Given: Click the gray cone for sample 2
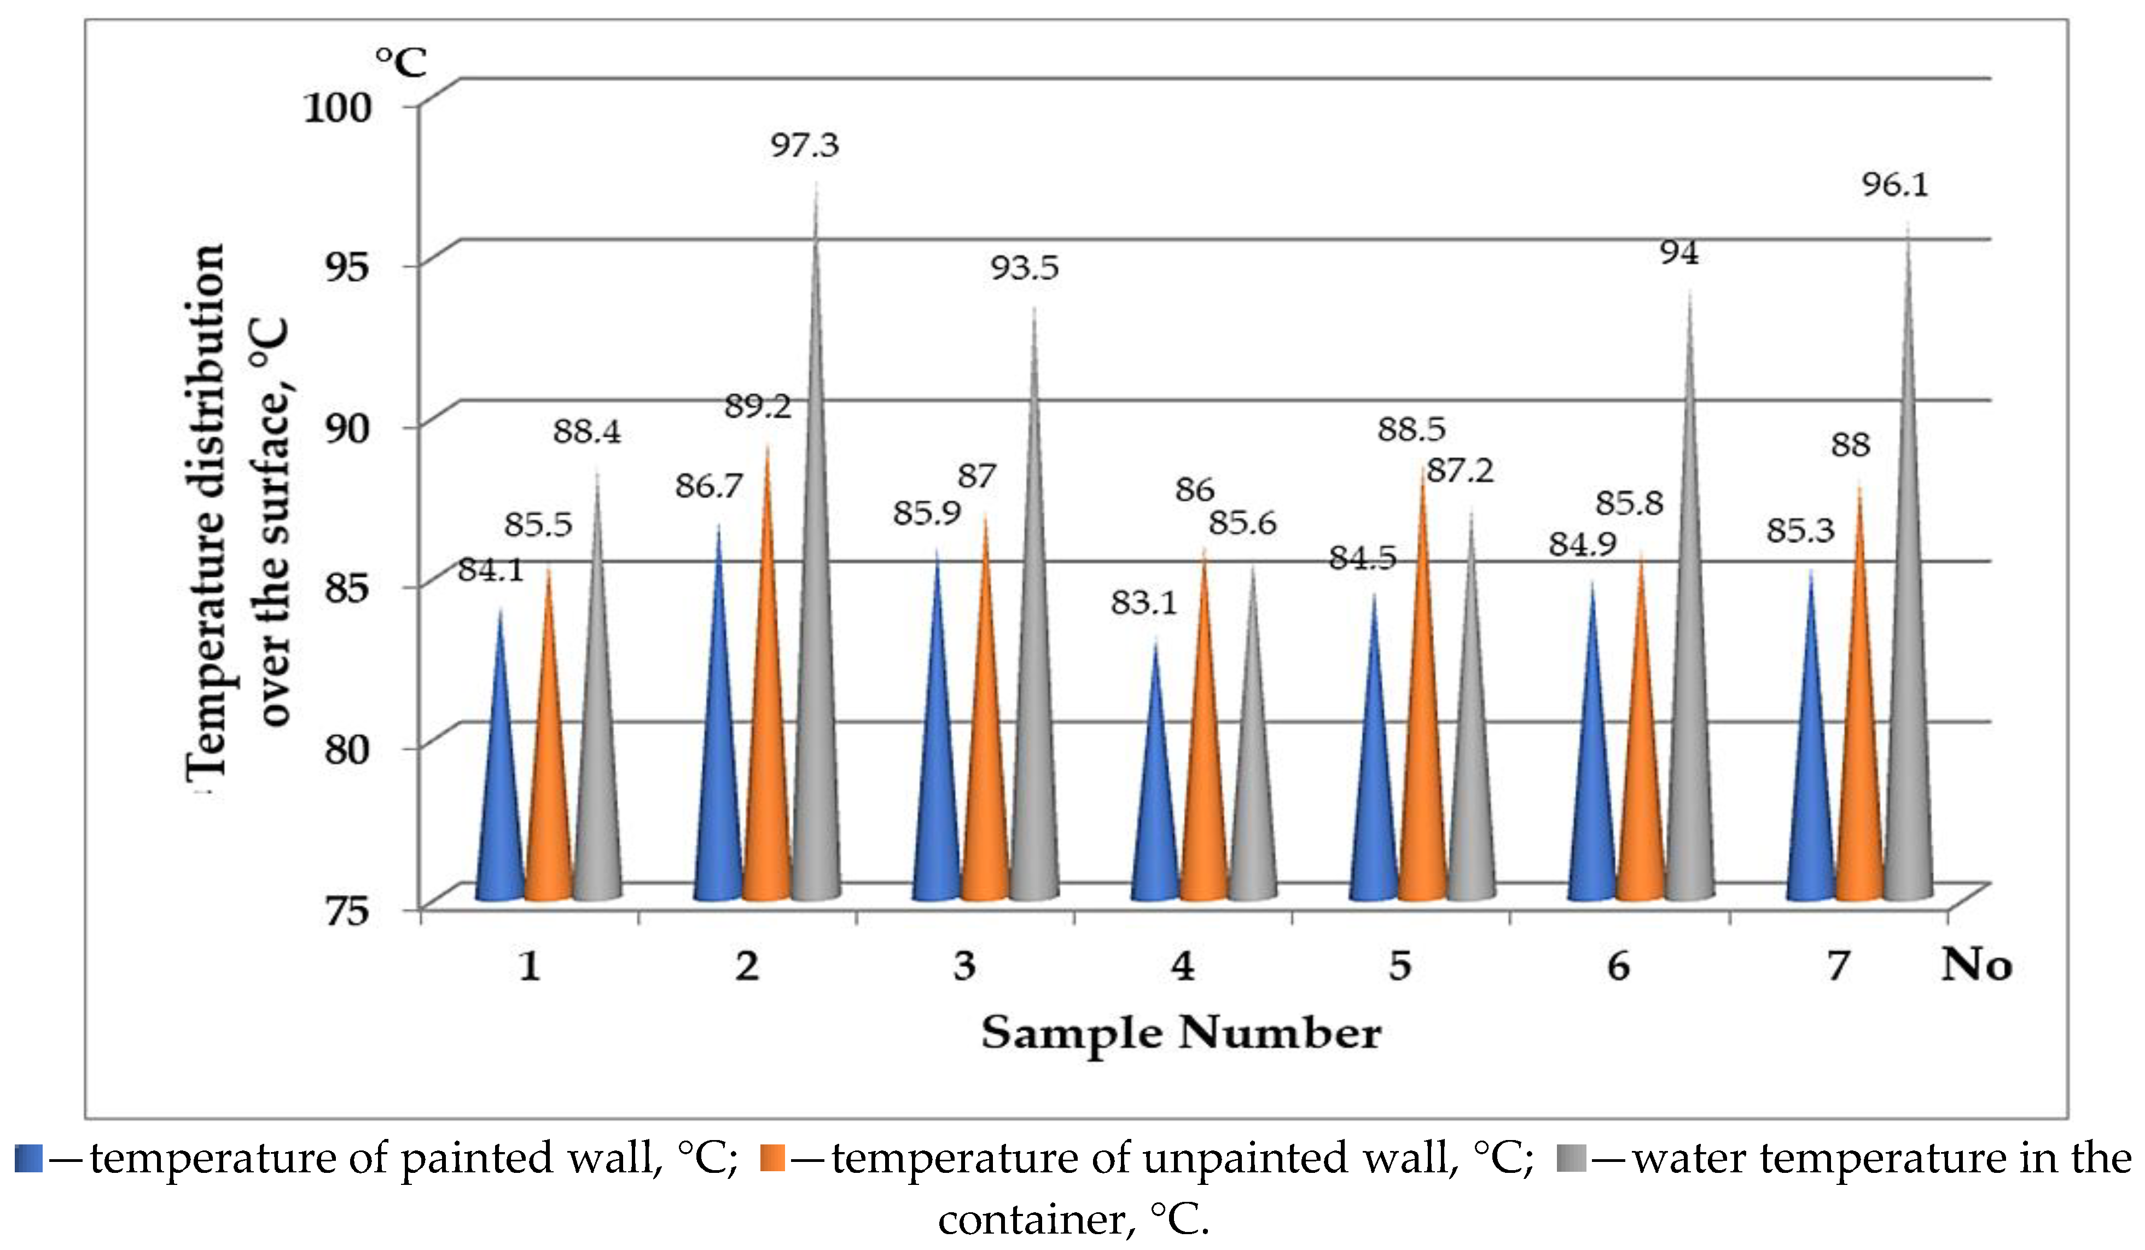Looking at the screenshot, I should (x=816, y=681).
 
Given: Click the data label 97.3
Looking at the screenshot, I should (x=804, y=146).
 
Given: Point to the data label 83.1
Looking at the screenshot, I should (x=1143, y=602).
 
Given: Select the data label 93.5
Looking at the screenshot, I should (x=1024, y=268).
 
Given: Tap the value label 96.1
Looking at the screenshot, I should (x=1895, y=185).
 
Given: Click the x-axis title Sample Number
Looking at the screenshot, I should (x=1181, y=1033).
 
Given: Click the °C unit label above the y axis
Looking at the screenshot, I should (x=401, y=62).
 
